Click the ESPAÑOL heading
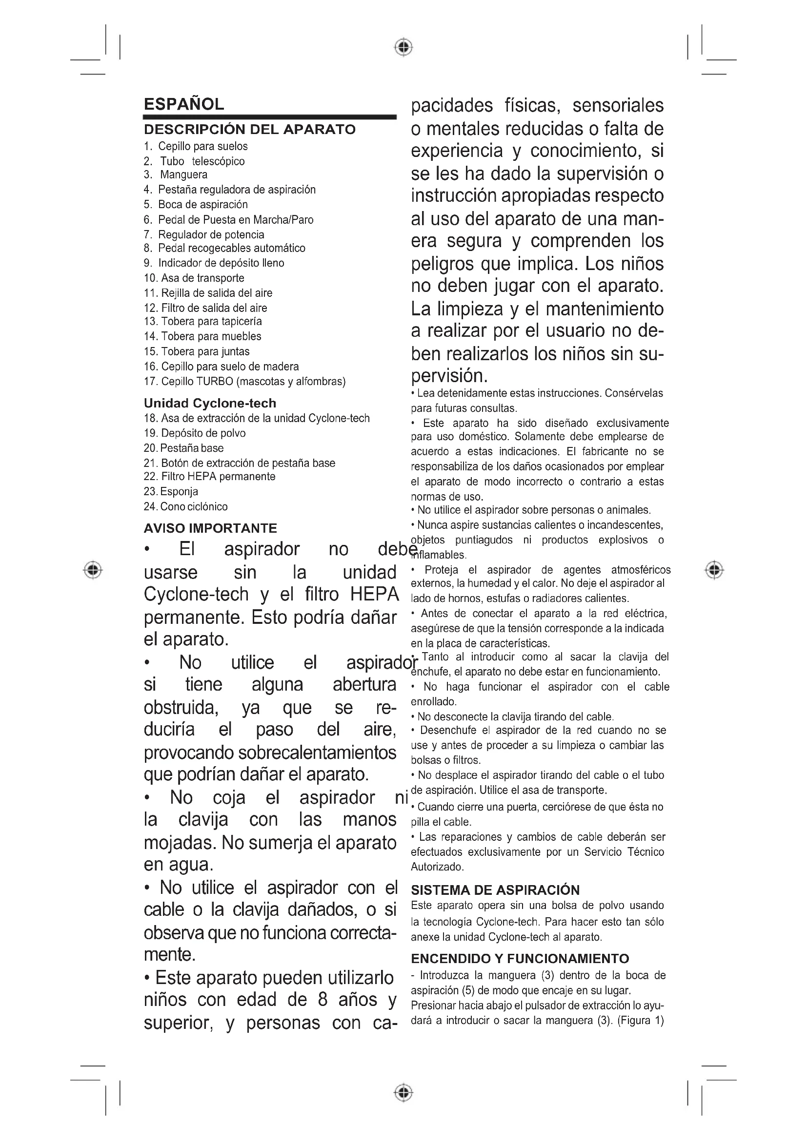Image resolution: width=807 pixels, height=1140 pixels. click(184, 104)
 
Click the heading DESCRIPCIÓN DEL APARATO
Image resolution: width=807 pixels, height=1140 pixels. click(249, 130)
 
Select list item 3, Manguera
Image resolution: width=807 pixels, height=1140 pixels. click(183, 175)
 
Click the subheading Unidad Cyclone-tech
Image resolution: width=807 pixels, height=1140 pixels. click(210, 403)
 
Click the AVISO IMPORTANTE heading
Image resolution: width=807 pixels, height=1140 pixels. click(210, 528)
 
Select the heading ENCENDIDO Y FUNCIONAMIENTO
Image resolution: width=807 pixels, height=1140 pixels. click(520, 959)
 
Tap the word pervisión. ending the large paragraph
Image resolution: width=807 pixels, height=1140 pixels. click(449, 376)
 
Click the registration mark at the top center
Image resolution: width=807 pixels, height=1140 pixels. click(403, 47)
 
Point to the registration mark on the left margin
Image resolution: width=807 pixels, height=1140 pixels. click(92, 569)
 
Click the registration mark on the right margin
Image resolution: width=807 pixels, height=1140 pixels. click(714, 569)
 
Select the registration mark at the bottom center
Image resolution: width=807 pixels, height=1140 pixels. click(403, 1092)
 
